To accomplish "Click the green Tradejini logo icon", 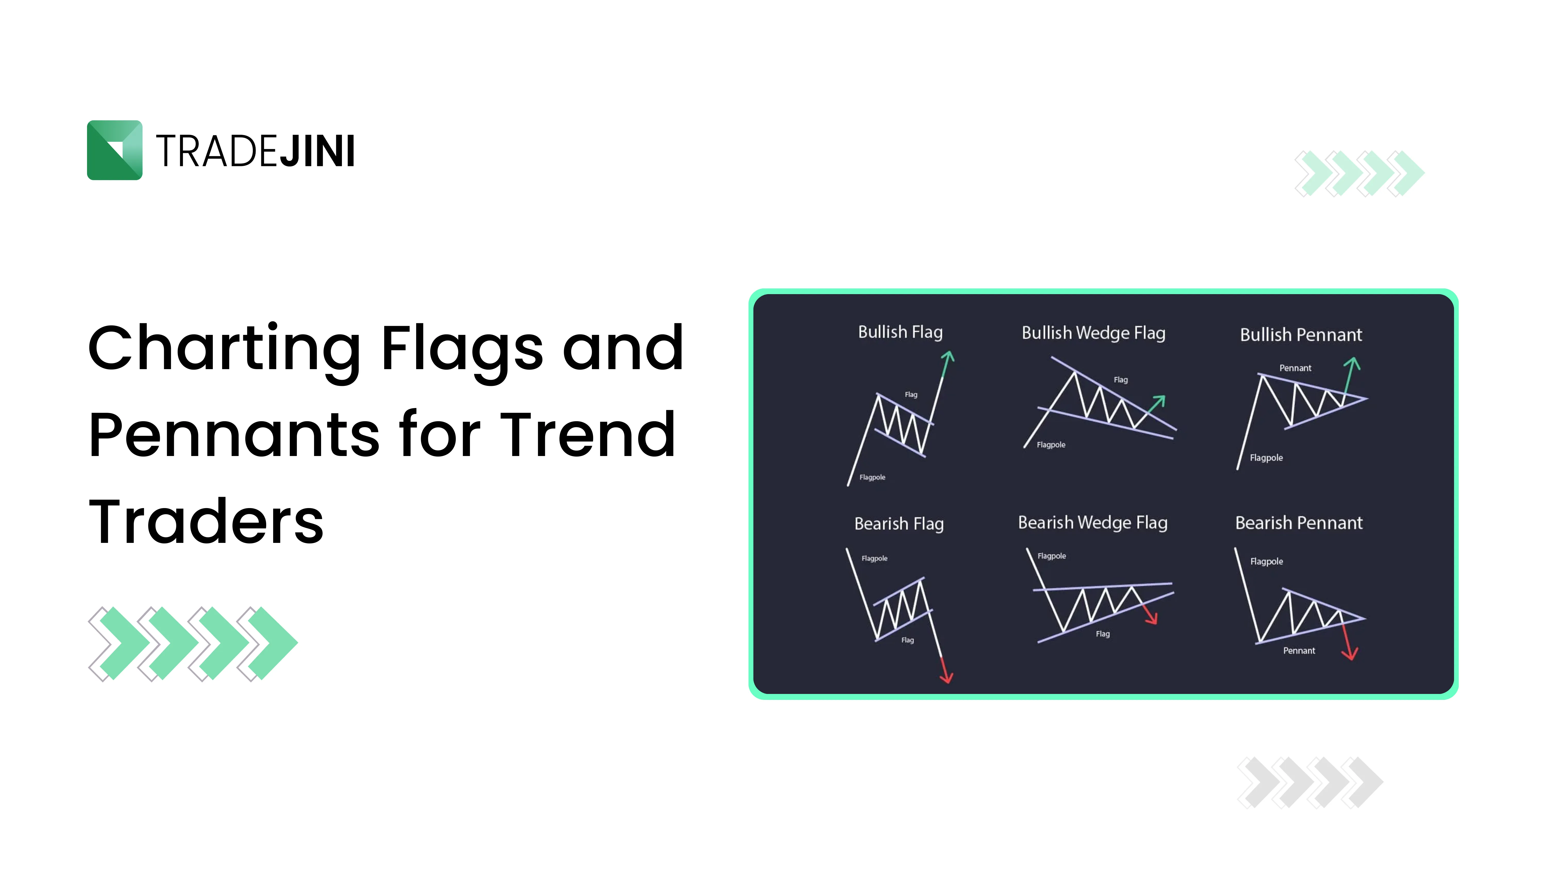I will (x=115, y=150).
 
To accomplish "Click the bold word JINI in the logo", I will (x=317, y=151).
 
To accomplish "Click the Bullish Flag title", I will (x=900, y=332).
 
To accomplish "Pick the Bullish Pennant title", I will (x=1300, y=334).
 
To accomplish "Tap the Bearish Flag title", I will (x=898, y=524).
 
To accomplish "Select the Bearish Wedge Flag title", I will (x=1092, y=522).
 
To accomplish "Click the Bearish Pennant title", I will (x=1298, y=523).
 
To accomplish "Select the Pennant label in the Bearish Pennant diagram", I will (x=1299, y=650).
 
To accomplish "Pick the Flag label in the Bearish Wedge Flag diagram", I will (x=1103, y=633).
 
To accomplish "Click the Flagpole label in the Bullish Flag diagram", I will (x=872, y=477).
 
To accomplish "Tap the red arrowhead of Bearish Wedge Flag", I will (x=1152, y=620).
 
